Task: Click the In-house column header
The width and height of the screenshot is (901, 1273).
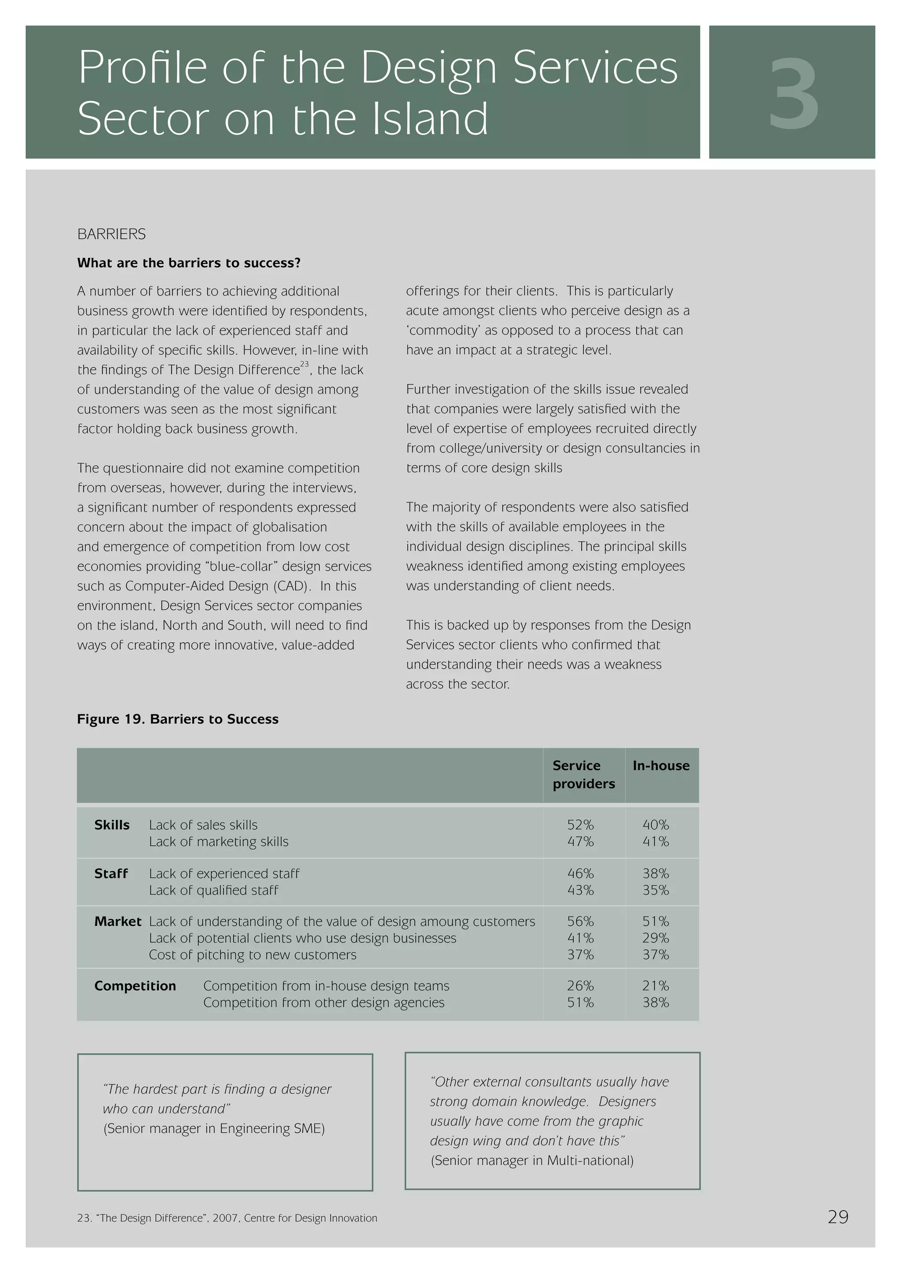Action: [661, 766]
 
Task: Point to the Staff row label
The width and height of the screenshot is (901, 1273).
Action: [111, 873]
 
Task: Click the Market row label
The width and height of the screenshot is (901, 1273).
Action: [117, 921]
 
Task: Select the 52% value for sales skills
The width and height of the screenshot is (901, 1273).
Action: [580, 825]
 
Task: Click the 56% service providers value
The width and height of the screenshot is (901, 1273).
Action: [580, 921]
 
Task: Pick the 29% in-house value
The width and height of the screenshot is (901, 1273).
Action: [656, 938]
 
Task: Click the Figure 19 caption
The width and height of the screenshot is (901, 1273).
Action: [178, 719]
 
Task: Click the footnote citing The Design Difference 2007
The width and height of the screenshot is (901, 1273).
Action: [227, 1218]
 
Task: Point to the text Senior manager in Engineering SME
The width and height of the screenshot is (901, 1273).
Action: [214, 1128]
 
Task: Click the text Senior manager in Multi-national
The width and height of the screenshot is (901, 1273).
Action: [532, 1160]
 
